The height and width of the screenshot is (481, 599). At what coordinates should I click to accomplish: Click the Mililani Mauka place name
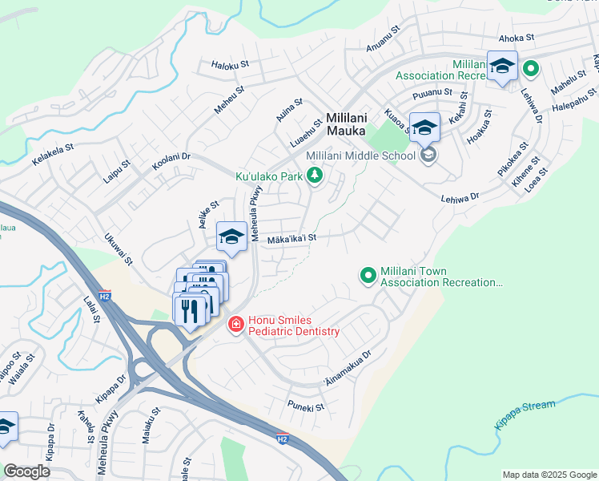point(346,123)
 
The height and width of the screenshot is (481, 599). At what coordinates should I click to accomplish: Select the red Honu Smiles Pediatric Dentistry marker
point(235,325)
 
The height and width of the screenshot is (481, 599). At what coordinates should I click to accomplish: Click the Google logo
point(26,471)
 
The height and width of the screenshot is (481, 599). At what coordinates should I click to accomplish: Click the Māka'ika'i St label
point(291,238)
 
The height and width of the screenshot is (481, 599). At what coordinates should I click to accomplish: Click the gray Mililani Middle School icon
point(428,155)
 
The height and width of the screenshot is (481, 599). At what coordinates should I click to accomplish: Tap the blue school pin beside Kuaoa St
point(424,127)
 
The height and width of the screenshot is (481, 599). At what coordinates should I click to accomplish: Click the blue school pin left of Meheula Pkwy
point(231,236)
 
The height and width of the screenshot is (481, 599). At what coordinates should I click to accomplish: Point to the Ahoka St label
point(516,38)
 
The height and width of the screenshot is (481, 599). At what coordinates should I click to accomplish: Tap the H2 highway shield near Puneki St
point(281,439)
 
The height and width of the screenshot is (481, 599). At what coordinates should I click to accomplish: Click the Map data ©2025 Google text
point(549,474)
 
